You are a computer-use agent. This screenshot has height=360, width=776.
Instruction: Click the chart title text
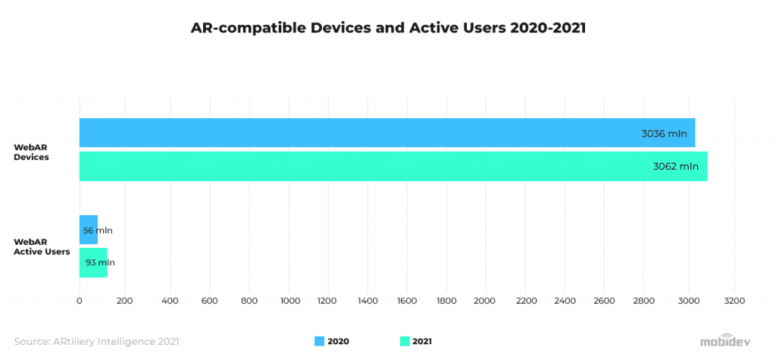387,28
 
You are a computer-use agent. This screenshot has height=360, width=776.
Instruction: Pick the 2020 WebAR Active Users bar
89,230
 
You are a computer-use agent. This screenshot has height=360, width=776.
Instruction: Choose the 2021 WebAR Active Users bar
93,263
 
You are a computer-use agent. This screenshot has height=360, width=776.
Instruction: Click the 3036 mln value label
664,133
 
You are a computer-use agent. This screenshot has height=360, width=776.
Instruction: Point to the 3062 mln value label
675,167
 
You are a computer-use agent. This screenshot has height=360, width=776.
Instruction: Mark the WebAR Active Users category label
42,247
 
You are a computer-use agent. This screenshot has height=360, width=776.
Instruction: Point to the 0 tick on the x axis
80,301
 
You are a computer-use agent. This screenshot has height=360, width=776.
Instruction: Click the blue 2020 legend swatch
318,342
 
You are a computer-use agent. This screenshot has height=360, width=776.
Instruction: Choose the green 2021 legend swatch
404,342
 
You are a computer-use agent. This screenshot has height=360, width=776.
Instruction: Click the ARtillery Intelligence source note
97,342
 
